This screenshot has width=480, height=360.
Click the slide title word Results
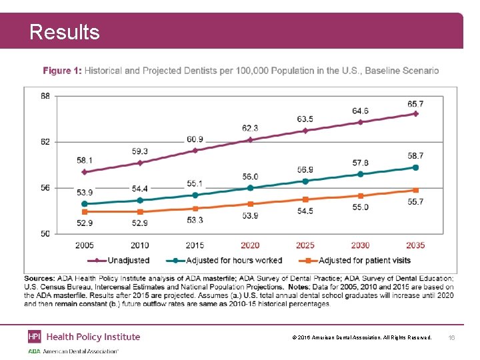[65, 32]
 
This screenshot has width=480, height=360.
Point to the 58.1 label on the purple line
[85, 161]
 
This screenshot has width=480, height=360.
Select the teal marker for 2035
[415, 167]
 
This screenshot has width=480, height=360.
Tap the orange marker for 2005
[85, 211]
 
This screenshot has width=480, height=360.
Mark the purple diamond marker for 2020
[250, 140]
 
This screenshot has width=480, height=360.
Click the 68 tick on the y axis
[45, 96]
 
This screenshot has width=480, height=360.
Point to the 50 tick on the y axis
[45, 233]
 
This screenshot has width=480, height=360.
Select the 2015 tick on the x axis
[195, 245]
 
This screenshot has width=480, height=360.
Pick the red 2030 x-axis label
[360, 245]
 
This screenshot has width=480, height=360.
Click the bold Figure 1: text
[62, 71]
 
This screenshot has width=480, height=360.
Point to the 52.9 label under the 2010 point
[139, 223]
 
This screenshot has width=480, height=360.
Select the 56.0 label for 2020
[250, 177]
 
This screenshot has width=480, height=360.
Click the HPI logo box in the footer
[35, 337]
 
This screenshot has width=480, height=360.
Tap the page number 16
[451, 338]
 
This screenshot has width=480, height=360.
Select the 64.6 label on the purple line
[360, 111]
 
